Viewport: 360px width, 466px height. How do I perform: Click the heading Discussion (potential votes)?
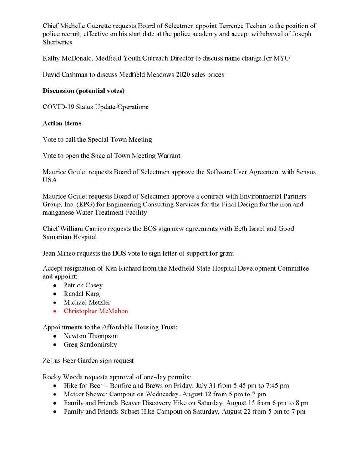click(x=83, y=91)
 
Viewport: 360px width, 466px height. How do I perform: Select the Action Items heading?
click(x=62, y=123)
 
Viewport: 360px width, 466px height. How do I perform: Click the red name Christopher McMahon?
click(x=96, y=311)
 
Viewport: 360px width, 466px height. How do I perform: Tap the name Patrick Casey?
click(x=83, y=285)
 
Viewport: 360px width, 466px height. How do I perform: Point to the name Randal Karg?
click(x=81, y=294)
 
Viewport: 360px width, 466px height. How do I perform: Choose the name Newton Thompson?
click(x=91, y=336)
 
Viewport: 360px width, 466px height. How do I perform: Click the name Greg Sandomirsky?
click(x=90, y=345)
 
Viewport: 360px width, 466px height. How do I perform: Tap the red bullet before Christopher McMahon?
click(x=55, y=312)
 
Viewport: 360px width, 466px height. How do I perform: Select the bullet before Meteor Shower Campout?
click(x=55, y=394)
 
